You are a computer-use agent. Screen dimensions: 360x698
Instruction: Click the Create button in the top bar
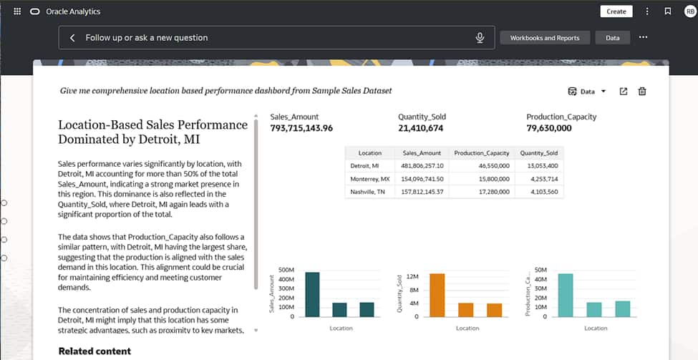tap(616, 11)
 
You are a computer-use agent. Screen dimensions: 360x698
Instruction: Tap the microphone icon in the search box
tap(480, 38)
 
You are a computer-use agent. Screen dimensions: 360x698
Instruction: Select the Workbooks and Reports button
tap(545, 38)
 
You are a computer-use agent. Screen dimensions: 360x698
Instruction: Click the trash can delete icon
tap(642, 92)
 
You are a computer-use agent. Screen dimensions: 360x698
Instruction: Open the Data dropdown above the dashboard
tap(586, 92)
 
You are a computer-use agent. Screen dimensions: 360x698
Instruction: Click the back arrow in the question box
tap(72, 38)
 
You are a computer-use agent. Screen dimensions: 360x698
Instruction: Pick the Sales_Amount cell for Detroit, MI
tap(423, 165)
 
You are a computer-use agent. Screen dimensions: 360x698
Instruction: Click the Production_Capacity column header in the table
tap(481, 152)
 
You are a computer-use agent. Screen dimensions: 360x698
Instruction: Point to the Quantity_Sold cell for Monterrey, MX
tap(541, 178)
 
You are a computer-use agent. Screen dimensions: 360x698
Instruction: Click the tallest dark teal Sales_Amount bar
tap(312, 294)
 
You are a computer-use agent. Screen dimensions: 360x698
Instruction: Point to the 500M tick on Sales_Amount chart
tap(286, 271)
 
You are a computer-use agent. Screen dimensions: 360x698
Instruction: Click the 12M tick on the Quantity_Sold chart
tap(412, 276)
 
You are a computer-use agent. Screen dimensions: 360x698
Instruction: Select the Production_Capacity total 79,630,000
tap(548, 129)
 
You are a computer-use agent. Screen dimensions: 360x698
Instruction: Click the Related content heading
tap(94, 351)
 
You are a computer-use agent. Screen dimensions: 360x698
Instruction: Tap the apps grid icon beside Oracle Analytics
tap(17, 11)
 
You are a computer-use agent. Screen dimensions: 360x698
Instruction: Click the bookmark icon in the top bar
tap(667, 11)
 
